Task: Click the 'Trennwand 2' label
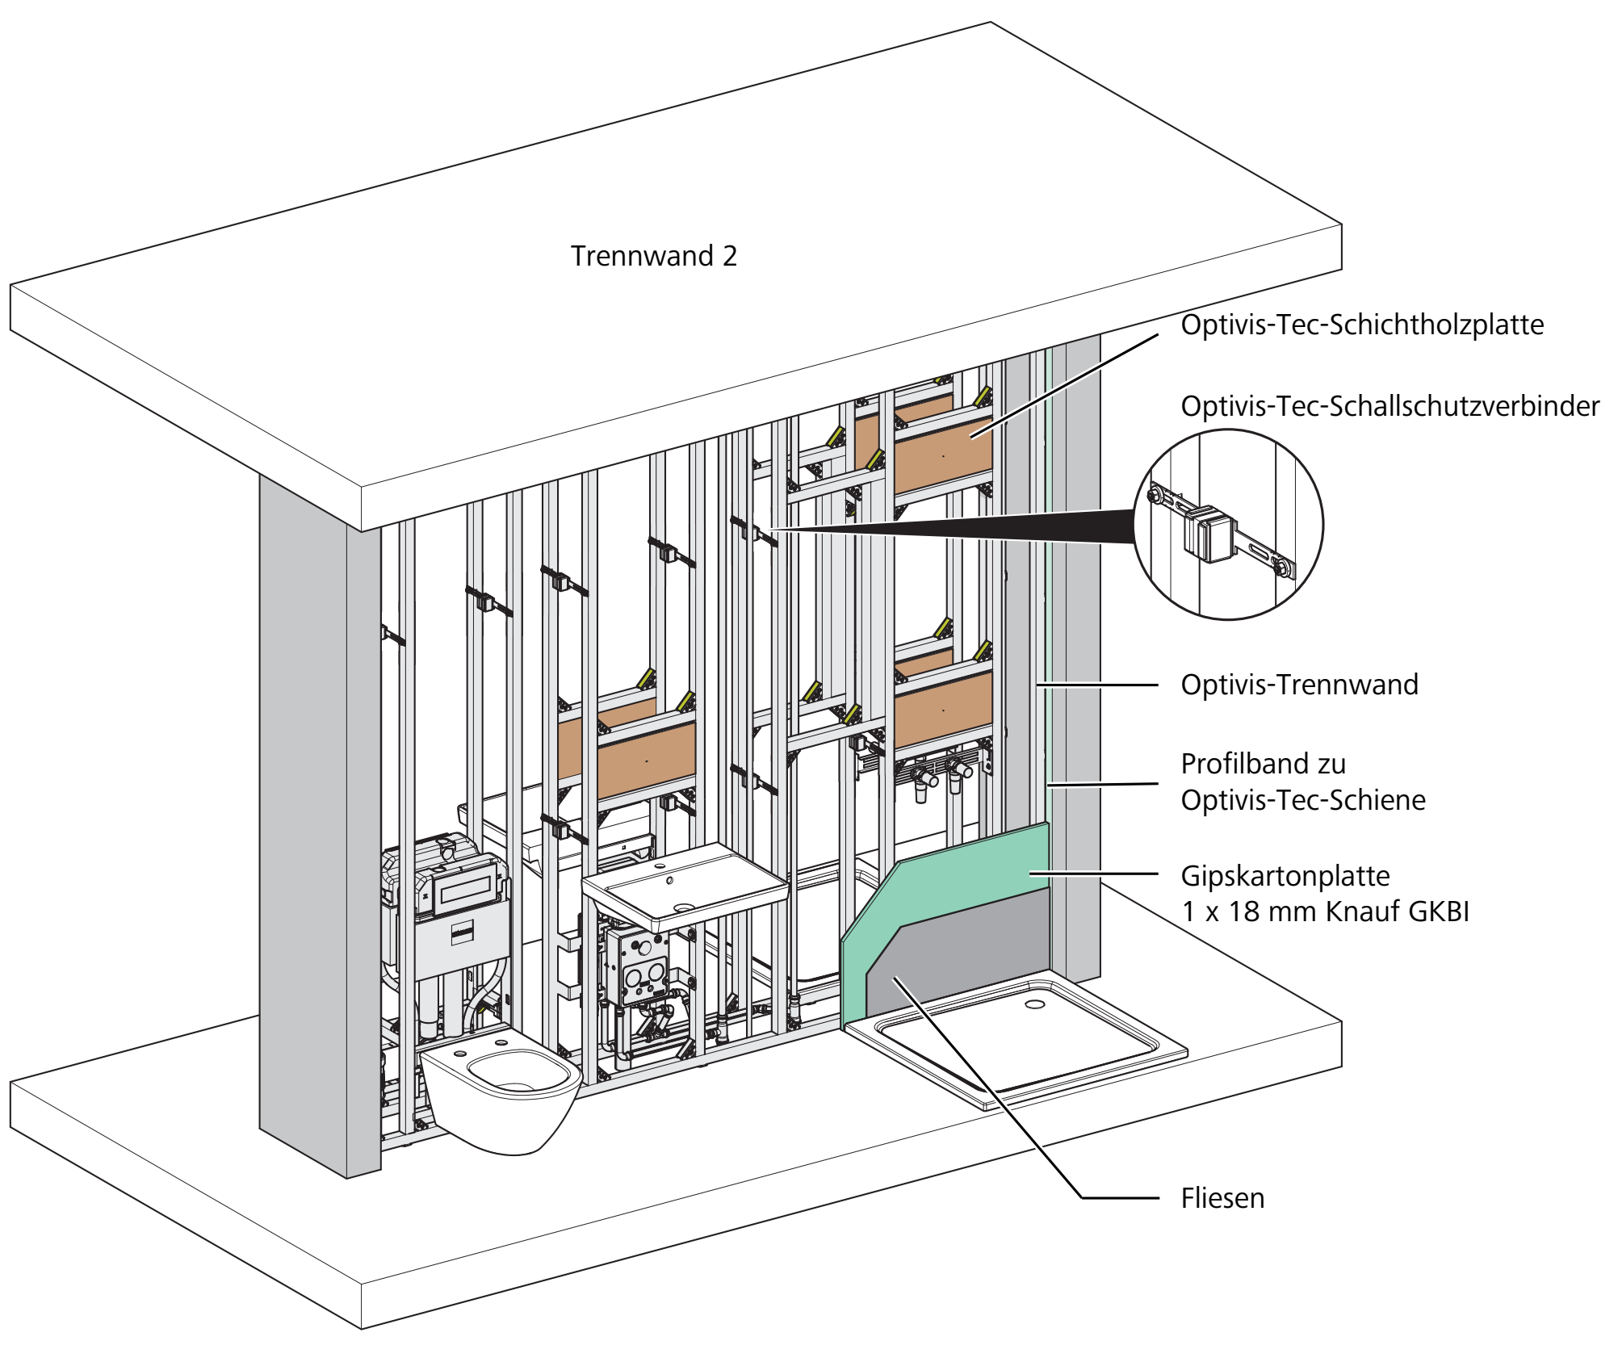click(x=654, y=256)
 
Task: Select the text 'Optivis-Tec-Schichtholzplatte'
click(x=1362, y=325)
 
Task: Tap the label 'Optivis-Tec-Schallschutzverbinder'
click(x=1390, y=406)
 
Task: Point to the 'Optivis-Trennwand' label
click(x=1299, y=685)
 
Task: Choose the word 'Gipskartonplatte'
click(x=1285, y=876)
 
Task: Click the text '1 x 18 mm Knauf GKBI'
click(x=1325, y=911)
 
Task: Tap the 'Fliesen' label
click(x=1222, y=1198)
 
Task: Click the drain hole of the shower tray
click(x=1034, y=1004)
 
